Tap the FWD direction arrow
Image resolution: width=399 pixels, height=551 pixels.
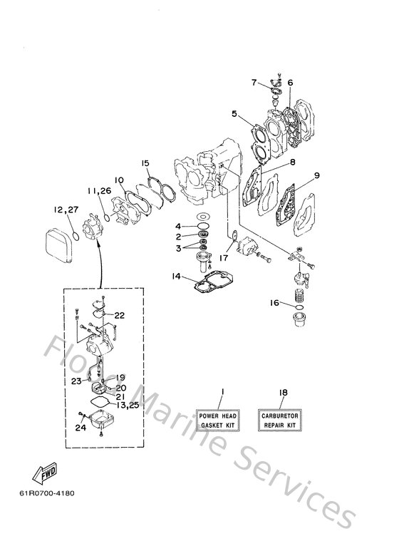click(x=45, y=472)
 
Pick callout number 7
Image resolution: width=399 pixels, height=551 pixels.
click(x=254, y=83)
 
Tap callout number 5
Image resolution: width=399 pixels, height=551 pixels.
click(x=234, y=113)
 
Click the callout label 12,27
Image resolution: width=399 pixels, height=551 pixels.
click(x=65, y=210)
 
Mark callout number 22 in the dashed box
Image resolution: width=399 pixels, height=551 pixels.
click(x=119, y=315)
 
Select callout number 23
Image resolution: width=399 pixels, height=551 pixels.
click(x=76, y=381)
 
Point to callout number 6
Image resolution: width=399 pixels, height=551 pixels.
click(x=290, y=83)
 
